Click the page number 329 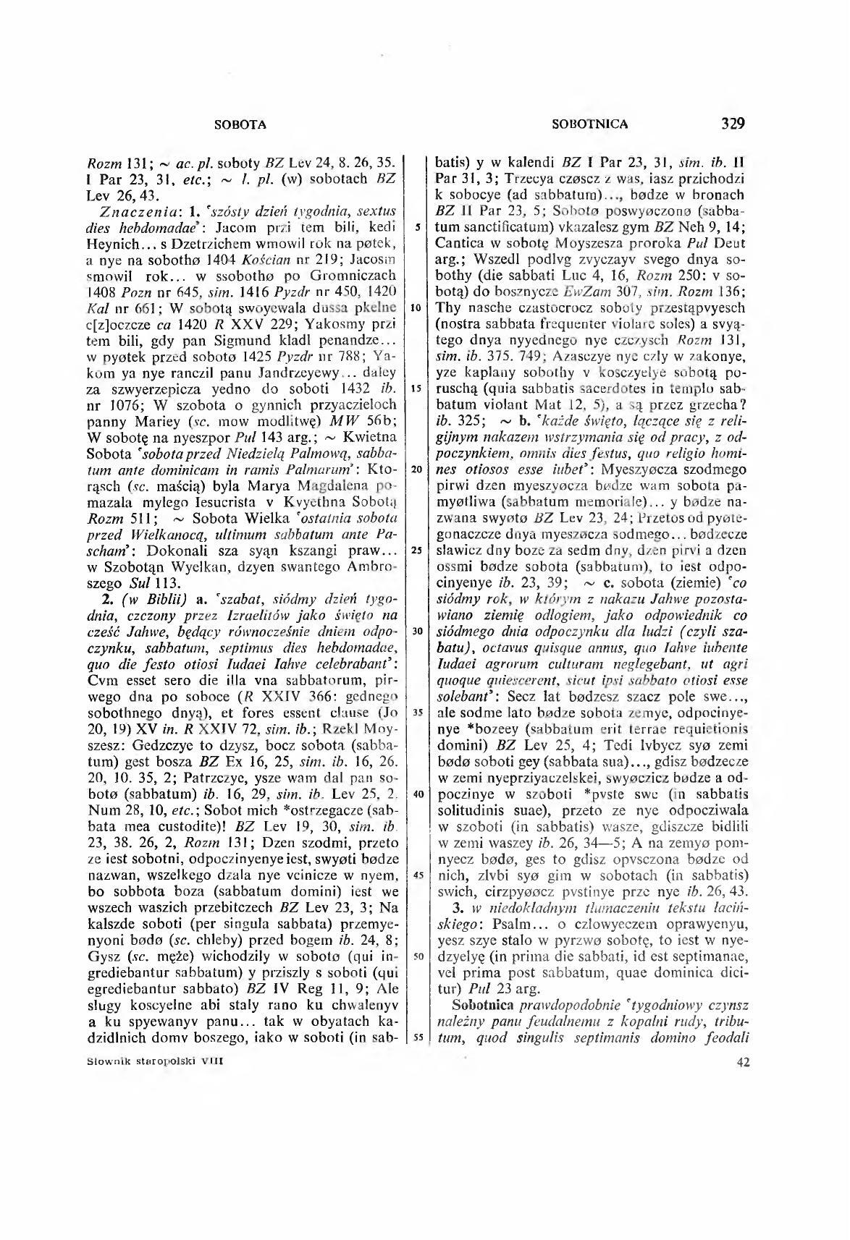pos(733,123)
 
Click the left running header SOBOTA pos(241,124)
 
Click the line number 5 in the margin pos(417,227)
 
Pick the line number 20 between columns pos(417,469)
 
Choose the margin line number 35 pos(417,713)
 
